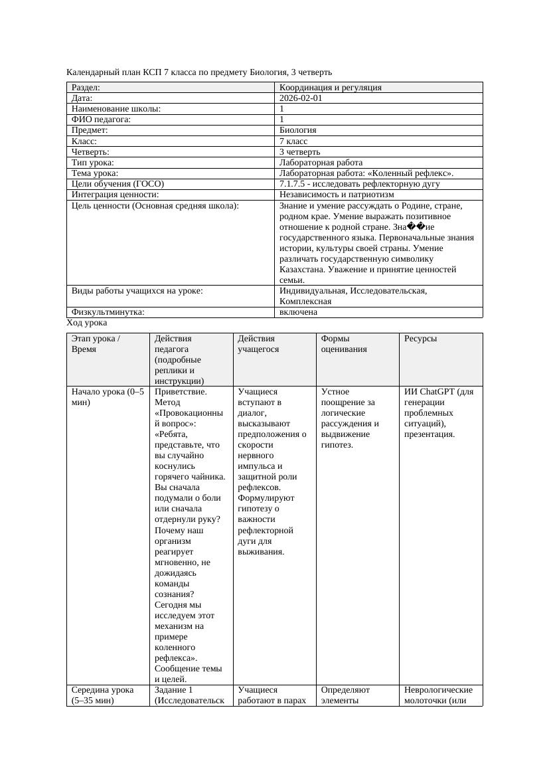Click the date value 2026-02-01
tap(301, 98)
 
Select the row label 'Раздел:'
tap(86, 87)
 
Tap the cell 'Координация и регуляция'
tap(331, 87)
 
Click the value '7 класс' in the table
tap(293, 141)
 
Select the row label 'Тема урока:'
tap(95, 173)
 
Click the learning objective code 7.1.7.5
tap(294, 183)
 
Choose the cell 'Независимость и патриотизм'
tap(337, 194)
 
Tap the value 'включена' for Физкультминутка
tap(298, 311)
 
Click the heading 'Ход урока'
tap(87, 322)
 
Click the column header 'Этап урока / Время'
tap(96, 343)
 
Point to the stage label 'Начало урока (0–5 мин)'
tap(107, 396)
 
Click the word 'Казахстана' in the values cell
tap(303, 269)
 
